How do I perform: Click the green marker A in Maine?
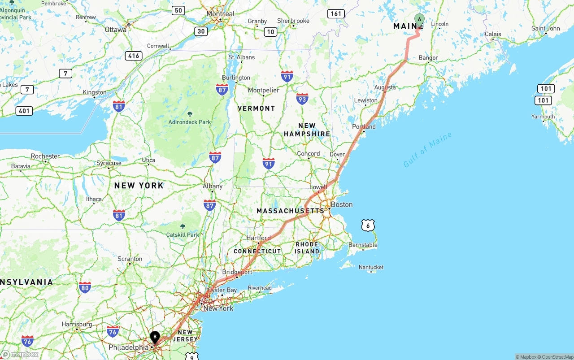tap(419, 20)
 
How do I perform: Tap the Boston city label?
tap(342, 204)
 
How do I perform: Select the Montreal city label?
tap(221, 14)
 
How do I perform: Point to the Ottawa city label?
tap(116, 30)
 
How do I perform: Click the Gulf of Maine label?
tap(427, 150)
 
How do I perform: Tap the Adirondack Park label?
tap(189, 122)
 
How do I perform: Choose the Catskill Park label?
tap(183, 234)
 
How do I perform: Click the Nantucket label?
tap(371, 267)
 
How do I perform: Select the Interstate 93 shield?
tap(302, 99)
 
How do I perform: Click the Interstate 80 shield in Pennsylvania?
tap(85, 287)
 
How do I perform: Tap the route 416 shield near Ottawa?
tap(134, 56)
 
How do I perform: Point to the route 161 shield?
tap(336, 13)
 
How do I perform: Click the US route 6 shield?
tap(368, 226)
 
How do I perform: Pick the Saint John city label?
tap(545, 28)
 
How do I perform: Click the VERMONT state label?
tap(256, 108)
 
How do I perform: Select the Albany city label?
tap(213, 186)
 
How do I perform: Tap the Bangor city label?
tap(428, 58)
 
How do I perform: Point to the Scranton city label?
tap(130, 259)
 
